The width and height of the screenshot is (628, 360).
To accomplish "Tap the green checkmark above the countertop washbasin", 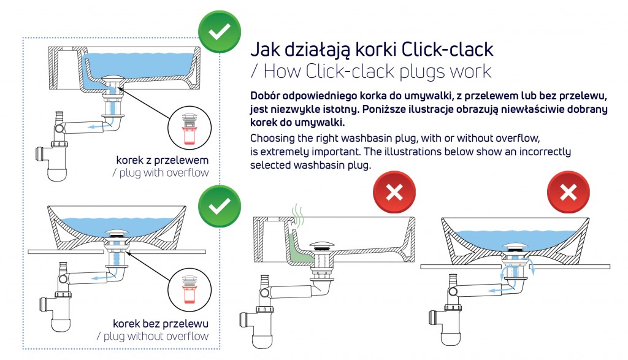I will coord(219,206).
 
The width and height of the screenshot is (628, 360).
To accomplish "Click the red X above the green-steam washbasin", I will coord(394,194).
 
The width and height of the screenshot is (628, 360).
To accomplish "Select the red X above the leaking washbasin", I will coord(568,194).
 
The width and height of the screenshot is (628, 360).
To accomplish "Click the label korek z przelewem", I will coord(163,160).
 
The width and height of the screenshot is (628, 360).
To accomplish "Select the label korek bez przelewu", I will coord(161,323).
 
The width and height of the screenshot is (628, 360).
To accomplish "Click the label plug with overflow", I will coord(161,173).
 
